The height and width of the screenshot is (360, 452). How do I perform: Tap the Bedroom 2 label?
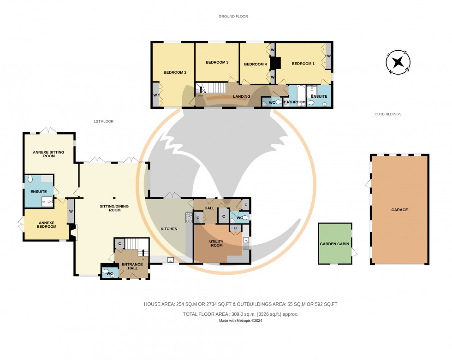(x=175, y=72)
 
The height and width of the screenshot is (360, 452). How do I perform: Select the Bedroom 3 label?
(x=217, y=62)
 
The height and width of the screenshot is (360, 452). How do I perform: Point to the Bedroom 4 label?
(x=255, y=64)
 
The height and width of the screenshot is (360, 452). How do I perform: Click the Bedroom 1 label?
(x=303, y=64)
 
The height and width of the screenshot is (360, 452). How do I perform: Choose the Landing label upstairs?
(x=242, y=96)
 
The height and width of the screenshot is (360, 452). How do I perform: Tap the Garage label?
(x=399, y=210)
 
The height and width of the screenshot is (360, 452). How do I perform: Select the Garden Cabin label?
(x=334, y=244)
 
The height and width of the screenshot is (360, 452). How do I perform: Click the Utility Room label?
(x=216, y=243)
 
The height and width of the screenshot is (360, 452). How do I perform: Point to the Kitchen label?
(x=169, y=229)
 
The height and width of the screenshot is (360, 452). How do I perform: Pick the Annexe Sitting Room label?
(x=48, y=154)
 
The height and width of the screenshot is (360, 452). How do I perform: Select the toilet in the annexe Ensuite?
(x=31, y=179)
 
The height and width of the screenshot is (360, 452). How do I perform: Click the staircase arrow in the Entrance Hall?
(x=143, y=251)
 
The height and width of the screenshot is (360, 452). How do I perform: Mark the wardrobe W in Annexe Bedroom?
(x=71, y=212)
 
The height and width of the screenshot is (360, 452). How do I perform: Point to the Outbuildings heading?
(x=388, y=114)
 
